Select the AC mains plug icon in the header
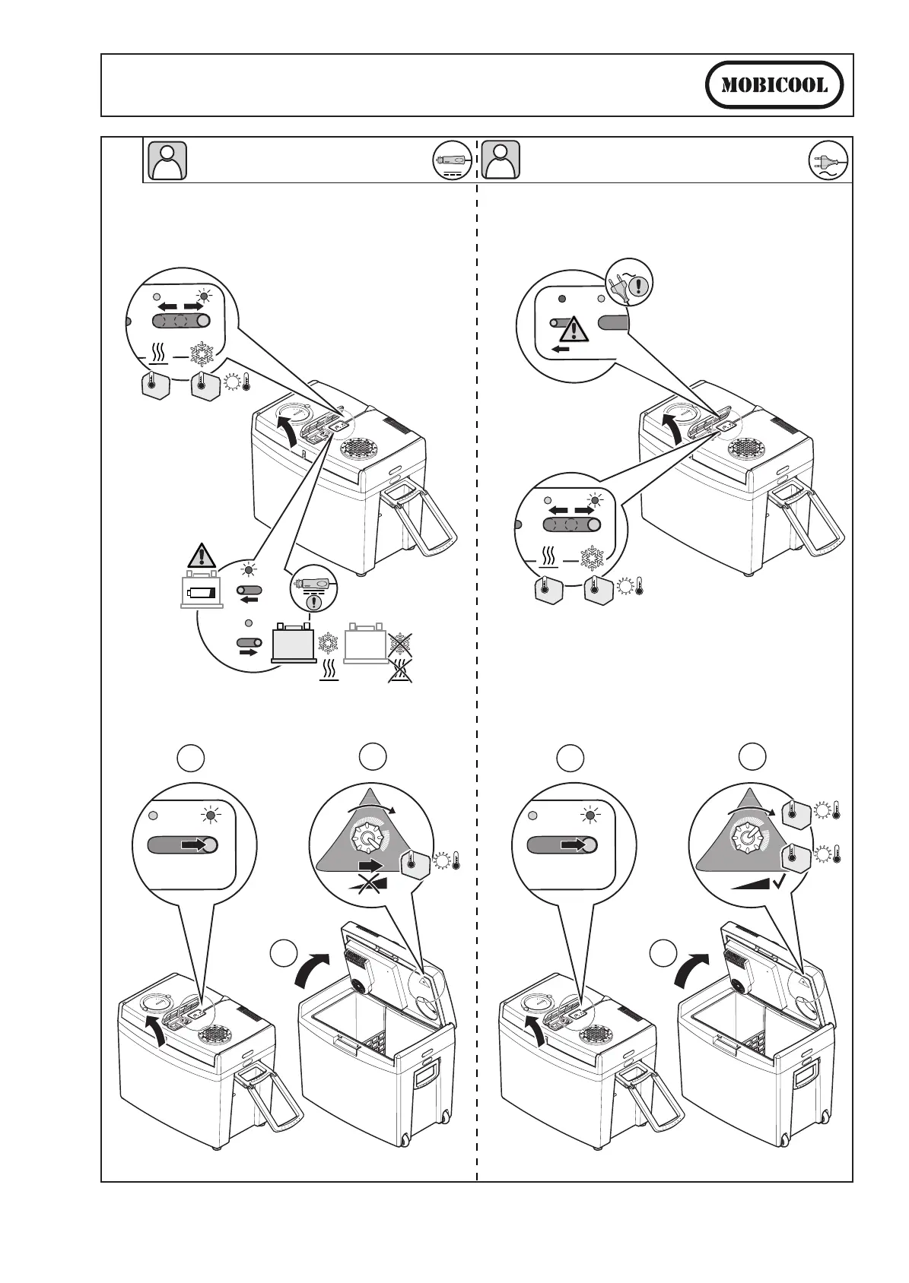828,161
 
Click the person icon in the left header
165,160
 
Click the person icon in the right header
502,160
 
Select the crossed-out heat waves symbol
400,670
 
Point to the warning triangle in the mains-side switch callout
572,329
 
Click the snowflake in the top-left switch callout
202,354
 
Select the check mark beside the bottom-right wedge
778,882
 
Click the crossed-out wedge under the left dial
367,884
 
